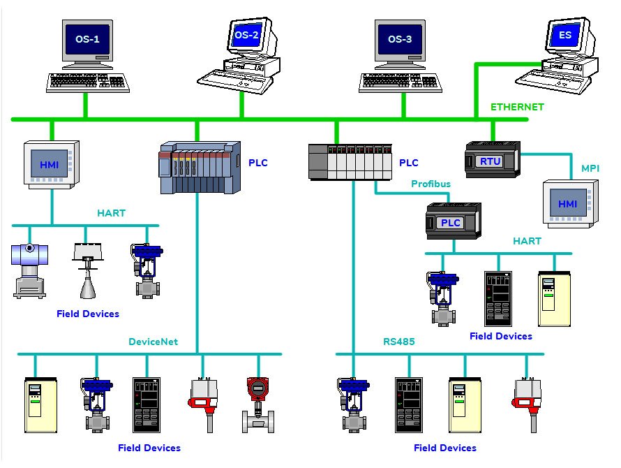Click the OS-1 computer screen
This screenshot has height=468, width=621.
[x=87, y=39]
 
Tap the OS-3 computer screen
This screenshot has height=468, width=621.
[x=399, y=39]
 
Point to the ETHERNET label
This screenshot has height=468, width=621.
[x=516, y=107]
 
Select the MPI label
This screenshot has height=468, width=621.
[x=590, y=168]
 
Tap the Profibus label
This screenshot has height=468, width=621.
[x=431, y=184]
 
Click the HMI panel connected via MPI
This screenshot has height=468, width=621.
[x=569, y=203]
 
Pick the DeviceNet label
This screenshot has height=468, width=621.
[x=153, y=342]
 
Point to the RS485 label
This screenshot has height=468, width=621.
[x=398, y=342]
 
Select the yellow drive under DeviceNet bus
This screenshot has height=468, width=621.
[x=37, y=405]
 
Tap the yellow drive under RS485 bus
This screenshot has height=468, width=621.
[x=463, y=405]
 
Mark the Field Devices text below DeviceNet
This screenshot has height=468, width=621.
[x=149, y=448]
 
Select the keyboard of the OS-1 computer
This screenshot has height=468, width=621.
[x=87, y=82]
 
